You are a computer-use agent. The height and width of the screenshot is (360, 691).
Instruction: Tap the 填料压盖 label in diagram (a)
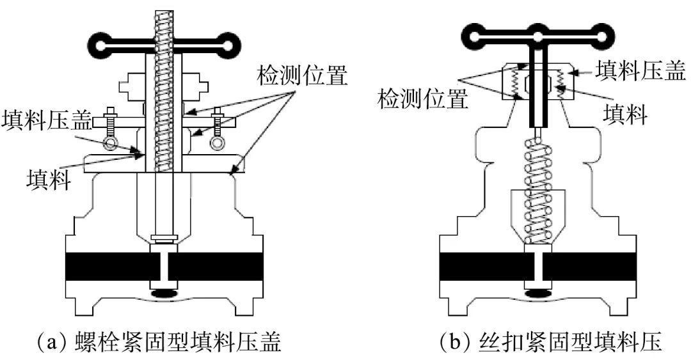tap(47, 119)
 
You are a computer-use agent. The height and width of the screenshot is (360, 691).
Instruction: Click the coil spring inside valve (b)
tap(537, 192)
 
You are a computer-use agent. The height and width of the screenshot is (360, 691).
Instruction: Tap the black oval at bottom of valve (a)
tap(166, 293)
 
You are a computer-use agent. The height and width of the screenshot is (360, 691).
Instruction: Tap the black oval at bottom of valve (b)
tap(537, 293)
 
